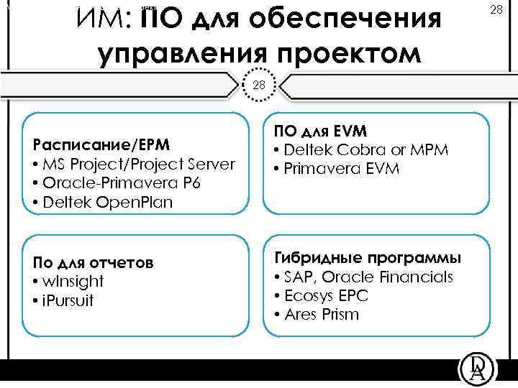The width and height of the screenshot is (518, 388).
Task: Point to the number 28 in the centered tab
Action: click(x=259, y=85)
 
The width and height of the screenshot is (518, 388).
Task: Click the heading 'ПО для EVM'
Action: click(x=320, y=131)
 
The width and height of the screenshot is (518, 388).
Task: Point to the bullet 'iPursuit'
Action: click(x=64, y=299)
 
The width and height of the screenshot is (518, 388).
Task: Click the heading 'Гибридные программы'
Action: click(x=368, y=258)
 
